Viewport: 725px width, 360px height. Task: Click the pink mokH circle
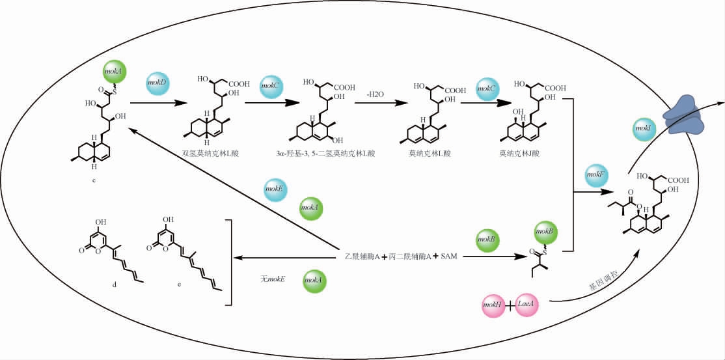pyautogui.click(x=493, y=304)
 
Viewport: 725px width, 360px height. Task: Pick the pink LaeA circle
pyautogui.click(x=527, y=304)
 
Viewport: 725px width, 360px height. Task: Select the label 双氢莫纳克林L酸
pyautogui.click(x=210, y=153)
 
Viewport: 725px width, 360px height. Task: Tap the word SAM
pyautogui.click(x=448, y=257)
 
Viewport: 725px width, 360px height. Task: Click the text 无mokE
pyautogui.click(x=274, y=280)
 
